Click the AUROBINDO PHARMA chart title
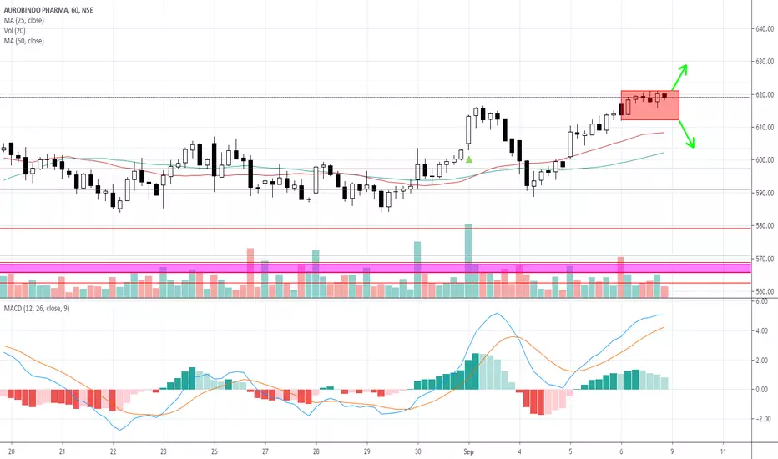click(42, 7)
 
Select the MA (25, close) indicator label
click(25, 18)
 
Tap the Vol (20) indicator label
click(17, 29)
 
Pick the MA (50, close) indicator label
click(25, 40)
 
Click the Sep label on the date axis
click(468, 447)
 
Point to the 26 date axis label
click(215, 447)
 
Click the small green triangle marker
click(469, 159)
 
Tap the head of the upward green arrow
click(685, 66)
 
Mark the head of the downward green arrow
click(692, 146)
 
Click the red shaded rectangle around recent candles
click(650, 104)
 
